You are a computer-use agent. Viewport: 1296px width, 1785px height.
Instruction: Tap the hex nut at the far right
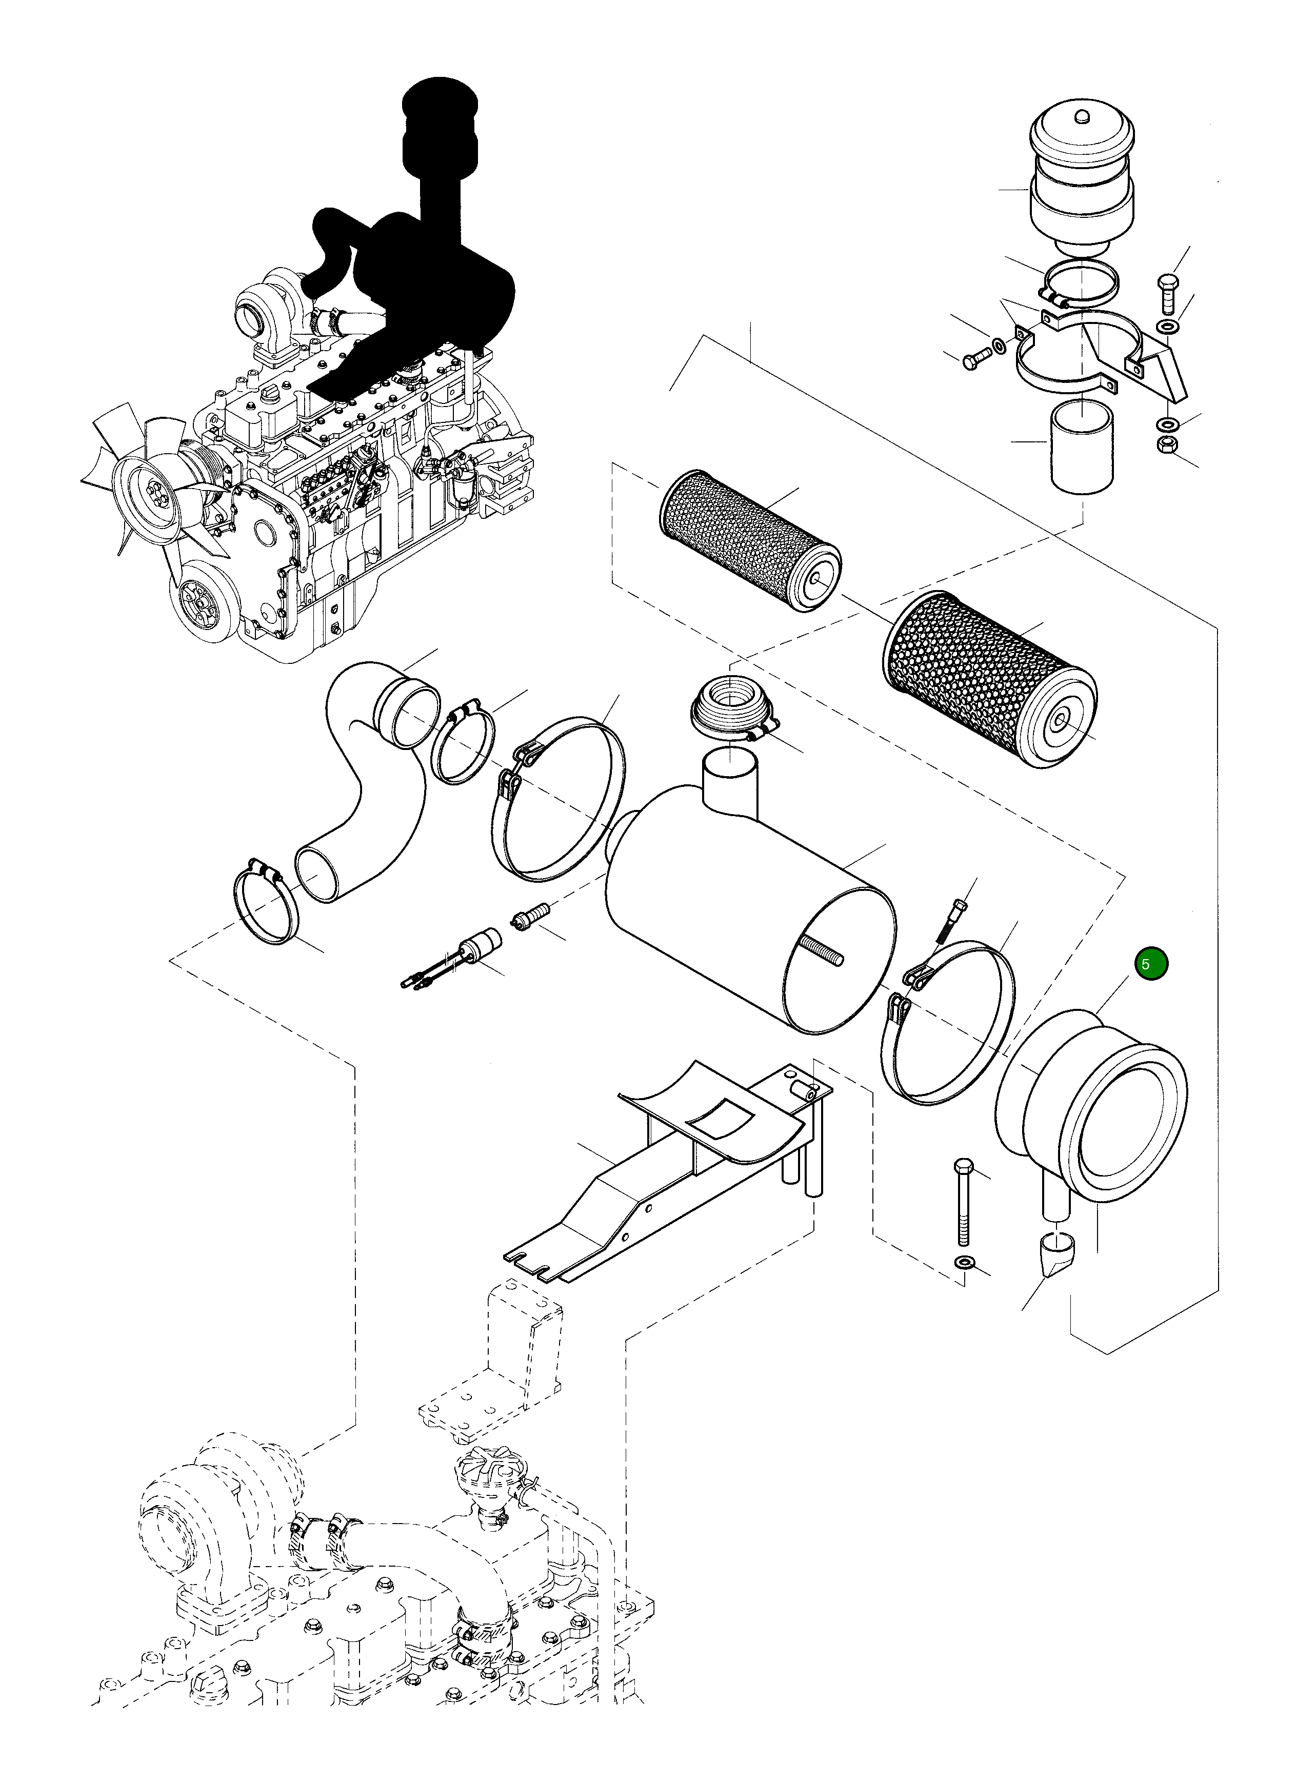(x=1166, y=444)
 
